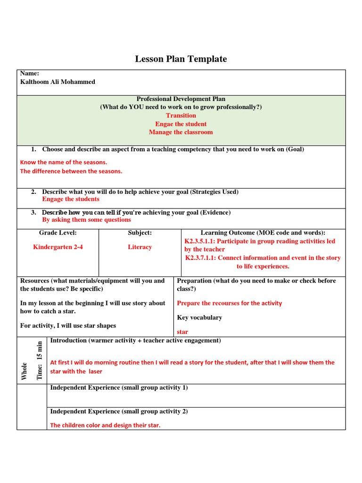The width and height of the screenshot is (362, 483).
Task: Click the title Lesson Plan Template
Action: [181, 59]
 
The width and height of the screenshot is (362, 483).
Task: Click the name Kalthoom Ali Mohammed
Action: [57, 82]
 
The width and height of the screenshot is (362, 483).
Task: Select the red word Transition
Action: [181, 116]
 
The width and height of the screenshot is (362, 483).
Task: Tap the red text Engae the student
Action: [181, 124]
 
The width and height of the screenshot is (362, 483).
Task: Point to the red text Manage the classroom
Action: [181, 133]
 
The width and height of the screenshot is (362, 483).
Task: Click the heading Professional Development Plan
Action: [181, 99]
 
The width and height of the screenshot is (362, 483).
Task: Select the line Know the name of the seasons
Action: [64, 162]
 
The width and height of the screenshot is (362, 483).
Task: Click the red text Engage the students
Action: [71, 199]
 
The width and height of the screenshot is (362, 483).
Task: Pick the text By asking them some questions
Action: [86, 220]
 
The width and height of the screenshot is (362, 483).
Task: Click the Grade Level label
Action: [58, 233]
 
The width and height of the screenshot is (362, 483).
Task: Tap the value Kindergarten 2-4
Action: [58, 247]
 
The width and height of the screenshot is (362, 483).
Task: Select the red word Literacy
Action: [140, 247]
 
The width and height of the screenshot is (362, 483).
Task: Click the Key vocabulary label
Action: [199, 318]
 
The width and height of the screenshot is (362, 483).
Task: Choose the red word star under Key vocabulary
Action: [182, 332]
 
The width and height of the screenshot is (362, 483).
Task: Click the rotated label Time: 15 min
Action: [40, 360]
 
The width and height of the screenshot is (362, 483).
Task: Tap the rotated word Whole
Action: [25, 370]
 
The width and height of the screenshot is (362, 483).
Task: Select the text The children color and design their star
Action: [105, 425]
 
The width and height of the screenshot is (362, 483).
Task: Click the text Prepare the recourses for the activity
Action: [229, 303]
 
